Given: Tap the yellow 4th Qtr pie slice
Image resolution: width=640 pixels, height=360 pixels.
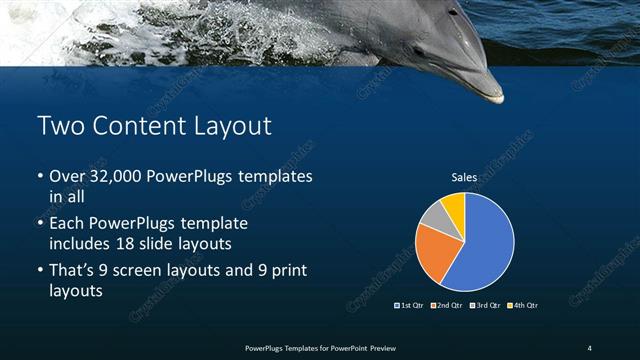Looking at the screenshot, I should point(453,205).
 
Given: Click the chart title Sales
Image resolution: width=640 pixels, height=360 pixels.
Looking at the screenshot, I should point(463,177).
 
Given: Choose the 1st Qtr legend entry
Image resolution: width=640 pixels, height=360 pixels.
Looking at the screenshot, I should point(411,305).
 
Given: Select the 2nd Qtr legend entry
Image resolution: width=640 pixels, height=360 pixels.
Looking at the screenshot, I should point(445,305).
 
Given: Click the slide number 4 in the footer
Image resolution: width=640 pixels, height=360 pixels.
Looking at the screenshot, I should point(590,347).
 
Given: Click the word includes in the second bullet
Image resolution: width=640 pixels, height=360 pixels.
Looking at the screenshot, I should point(81,243).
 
